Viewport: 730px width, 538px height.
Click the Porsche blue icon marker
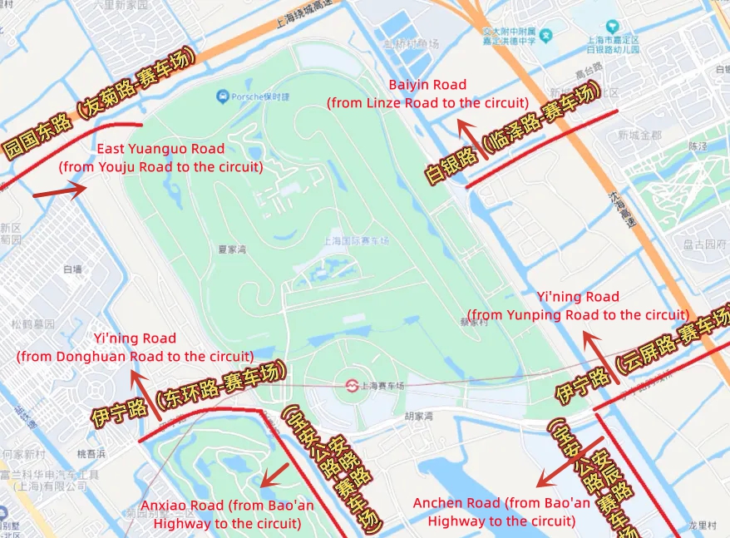[222, 97]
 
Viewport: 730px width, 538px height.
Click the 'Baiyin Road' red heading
[427, 85]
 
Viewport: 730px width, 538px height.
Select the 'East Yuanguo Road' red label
[160, 149]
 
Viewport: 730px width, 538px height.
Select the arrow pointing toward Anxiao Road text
[274, 476]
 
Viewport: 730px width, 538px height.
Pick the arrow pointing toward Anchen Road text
[569, 463]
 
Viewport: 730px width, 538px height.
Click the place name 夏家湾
[234, 249]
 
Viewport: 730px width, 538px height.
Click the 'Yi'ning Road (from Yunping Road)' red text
[578, 297]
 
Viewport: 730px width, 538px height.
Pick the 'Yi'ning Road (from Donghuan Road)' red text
[135, 338]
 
